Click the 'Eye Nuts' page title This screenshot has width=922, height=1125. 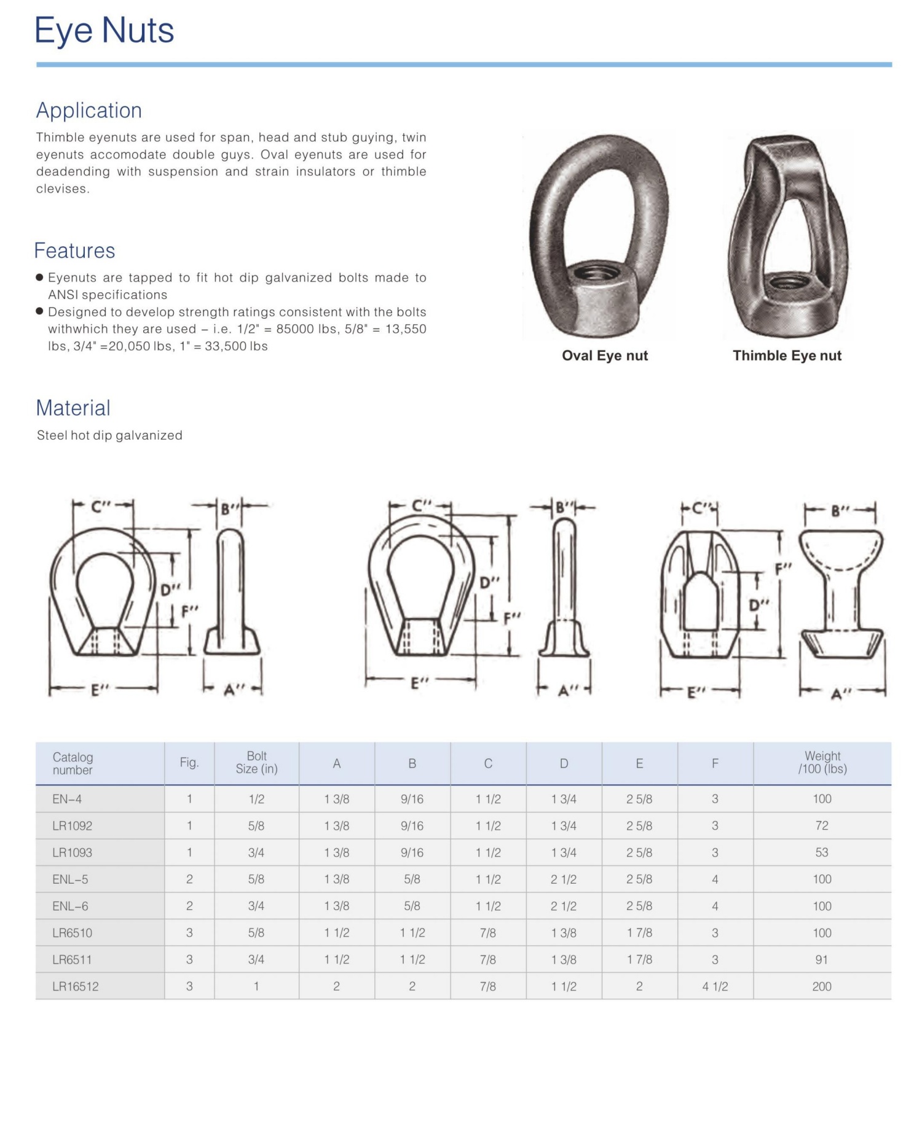point(104,31)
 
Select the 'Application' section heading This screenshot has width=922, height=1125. point(89,111)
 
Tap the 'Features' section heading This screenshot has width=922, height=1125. point(74,251)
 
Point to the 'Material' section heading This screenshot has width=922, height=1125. point(73,408)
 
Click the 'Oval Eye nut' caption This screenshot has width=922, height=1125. point(605,356)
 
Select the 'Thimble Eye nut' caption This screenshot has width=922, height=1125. point(787,356)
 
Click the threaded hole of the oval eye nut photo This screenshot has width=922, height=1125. point(593,272)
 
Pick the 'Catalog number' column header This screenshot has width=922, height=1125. point(73,763)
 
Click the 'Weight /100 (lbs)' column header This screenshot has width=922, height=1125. point(822,763)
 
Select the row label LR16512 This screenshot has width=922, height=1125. point(76,986)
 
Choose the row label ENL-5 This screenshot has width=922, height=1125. point(70,879)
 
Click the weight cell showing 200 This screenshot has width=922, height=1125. point(822,986)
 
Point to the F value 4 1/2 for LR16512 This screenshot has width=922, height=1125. point(715,986)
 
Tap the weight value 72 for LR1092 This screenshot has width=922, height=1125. point(822,826)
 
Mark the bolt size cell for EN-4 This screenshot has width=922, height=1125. point(256,799)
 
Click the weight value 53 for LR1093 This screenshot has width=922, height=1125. point(822,852)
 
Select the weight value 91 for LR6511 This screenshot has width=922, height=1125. point(822,959)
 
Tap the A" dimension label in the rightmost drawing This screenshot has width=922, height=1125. point(840,694)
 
